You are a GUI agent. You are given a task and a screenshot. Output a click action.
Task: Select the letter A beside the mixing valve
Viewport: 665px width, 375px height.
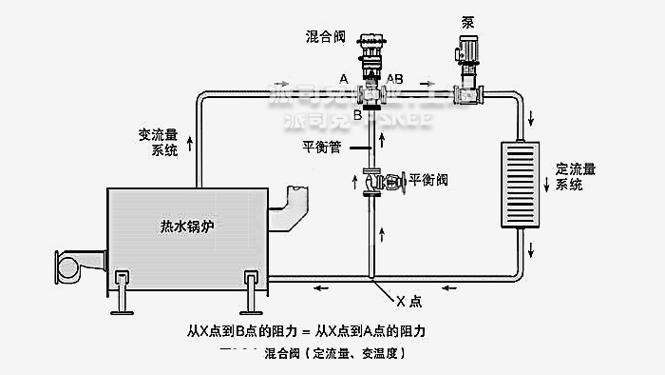click(343, 77)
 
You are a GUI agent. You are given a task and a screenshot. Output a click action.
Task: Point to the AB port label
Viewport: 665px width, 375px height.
click(395, 77)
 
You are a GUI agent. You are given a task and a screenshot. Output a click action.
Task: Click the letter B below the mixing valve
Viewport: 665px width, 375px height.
click(358, 115)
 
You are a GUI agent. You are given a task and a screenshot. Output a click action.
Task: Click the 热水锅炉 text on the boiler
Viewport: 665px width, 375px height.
click(187, 227)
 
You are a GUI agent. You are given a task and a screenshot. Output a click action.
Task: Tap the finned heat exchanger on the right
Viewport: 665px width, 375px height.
click(520, 186)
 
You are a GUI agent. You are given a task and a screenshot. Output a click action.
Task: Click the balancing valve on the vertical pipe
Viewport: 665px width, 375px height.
click(376, 180)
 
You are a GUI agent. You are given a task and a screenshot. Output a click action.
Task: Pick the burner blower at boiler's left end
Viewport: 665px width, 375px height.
click(72, 265)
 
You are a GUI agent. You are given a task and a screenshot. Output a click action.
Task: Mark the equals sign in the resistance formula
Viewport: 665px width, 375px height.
click(305, 331)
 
